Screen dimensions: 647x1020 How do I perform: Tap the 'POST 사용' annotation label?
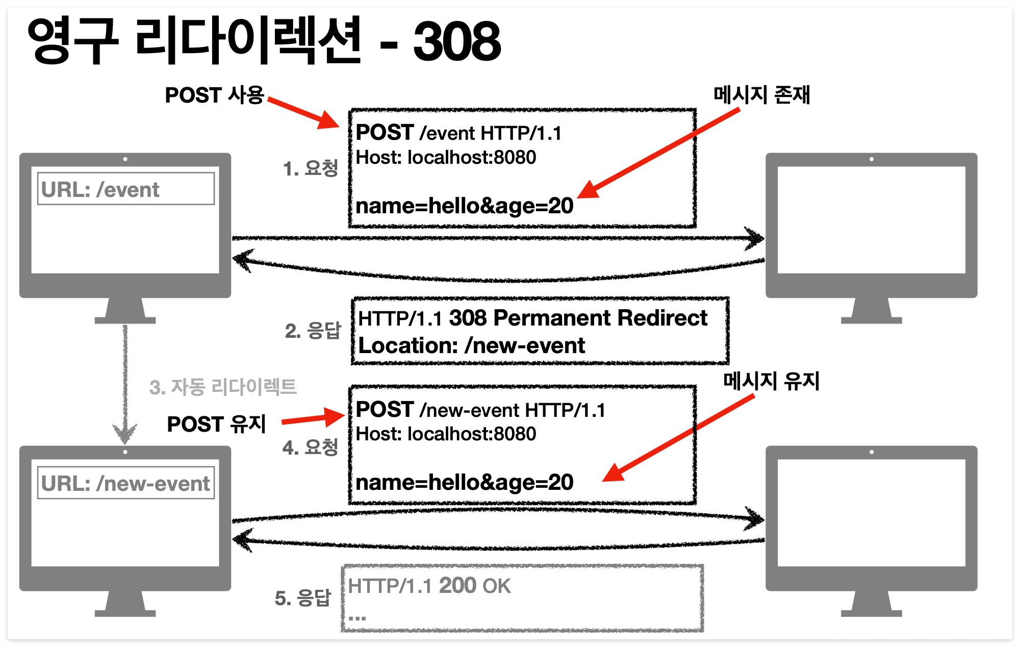(215, 95)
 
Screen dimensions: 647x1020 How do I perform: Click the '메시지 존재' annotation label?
(761, 95)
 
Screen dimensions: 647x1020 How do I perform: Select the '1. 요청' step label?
(310, 168)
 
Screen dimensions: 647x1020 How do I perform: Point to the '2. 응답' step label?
(313, 331)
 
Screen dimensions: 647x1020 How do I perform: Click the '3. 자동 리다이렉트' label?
(223, 387)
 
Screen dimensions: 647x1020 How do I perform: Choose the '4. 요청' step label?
(310, 447)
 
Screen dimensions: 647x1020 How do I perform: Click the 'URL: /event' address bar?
(125, 189)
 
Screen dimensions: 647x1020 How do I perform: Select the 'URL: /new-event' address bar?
(125, 483)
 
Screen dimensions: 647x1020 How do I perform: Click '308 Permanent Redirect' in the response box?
(578, 318)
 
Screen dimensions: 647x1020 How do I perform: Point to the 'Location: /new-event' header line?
(471, 346)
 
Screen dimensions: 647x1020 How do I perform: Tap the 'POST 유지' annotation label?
(216, 424)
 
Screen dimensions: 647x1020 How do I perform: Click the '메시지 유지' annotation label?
(771, 381)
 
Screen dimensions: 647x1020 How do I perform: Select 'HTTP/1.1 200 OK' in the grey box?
(429, 586)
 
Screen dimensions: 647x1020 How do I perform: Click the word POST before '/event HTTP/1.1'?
(385, 133)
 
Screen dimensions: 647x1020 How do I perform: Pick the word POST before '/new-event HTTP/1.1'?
(385, 410)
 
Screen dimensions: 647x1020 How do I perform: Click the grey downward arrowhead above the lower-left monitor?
(125, 434)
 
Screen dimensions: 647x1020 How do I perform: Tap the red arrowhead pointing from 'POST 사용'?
(329, 121)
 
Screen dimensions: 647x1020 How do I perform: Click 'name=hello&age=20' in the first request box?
(464, 206)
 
